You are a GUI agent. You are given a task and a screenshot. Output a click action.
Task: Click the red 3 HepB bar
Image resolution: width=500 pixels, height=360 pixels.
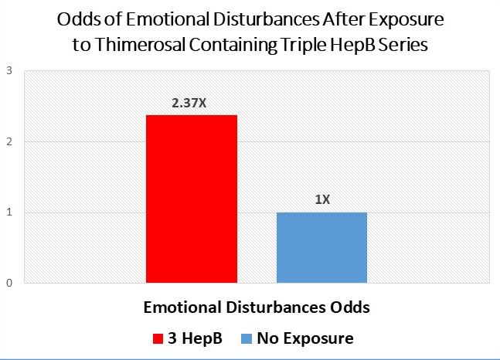click(x=191, y=199)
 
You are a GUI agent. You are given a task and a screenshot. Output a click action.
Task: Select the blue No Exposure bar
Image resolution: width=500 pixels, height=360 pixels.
click(x=321, y=247)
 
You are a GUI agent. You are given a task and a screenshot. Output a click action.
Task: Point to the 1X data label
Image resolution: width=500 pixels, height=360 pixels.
click(x=322, y=199)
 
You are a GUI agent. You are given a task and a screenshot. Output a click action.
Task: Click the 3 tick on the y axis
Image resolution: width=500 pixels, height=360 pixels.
click(x=9, y=71)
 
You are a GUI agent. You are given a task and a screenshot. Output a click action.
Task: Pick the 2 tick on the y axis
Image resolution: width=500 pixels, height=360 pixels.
click(x=9, y=142)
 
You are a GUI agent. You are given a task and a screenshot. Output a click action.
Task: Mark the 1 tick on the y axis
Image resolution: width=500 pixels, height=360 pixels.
click(x=9, y=212)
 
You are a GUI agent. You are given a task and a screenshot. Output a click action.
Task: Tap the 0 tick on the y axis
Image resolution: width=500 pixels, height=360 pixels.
click(x=9, y=283)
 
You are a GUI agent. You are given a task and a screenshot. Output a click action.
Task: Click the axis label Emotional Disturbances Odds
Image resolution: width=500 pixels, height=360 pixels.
click(x=257, y=307)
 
